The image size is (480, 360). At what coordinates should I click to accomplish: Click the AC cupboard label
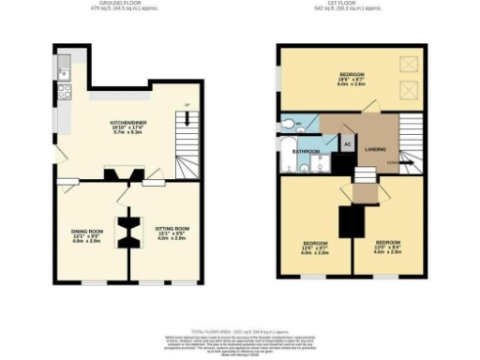[x=346, y=145]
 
